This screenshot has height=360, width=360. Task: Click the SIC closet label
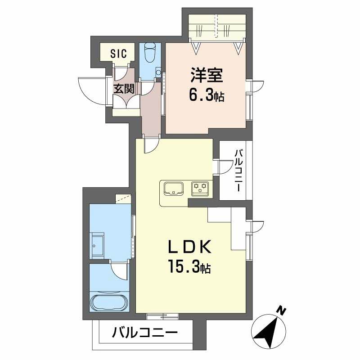(x=118, y=54)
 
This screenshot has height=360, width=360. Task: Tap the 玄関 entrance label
(x=124, y=89)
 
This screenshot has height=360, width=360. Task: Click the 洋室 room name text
(x=207, y=75)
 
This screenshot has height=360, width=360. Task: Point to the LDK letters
(x=189, y=247)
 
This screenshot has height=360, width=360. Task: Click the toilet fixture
(x=149, y=53)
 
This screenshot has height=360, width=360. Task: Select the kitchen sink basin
(x=173, y=188)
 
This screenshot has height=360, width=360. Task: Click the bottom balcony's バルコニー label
(x=145, y=333)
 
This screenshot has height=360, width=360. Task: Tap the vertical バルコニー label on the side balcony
(x=239, y=171)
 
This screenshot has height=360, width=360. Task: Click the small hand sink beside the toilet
(x=158, y=71)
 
